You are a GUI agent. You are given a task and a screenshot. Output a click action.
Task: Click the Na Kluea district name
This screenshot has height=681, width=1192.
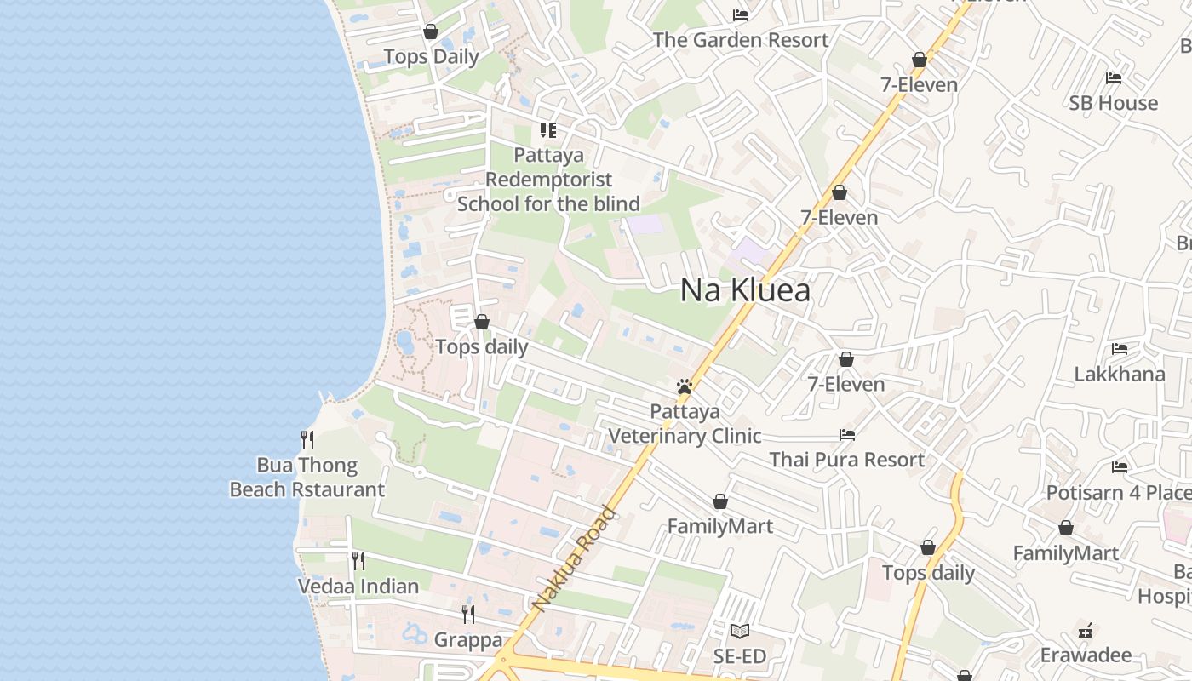(745, 291)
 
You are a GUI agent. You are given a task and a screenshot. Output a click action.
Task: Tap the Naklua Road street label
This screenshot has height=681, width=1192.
(573, 559)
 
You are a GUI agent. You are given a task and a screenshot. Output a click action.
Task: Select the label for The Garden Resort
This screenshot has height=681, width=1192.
(741, 40)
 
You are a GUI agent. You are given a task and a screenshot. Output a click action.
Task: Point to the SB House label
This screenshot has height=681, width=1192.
(1114, 103)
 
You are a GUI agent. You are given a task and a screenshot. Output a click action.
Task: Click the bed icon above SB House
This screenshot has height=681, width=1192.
(1113, 78)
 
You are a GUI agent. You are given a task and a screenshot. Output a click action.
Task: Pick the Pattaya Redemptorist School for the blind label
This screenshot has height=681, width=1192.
(548, 180)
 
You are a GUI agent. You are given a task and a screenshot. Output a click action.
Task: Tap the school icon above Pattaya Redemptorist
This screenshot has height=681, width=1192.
(548, 130)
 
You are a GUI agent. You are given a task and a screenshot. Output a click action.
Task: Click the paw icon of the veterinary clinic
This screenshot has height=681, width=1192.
(684, 386)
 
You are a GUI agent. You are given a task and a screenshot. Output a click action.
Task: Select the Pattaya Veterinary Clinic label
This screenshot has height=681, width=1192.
(685, 424)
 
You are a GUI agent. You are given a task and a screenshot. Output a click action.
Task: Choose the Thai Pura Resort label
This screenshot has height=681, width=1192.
(846, 460)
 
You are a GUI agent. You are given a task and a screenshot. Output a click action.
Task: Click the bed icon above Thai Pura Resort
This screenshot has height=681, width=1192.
(846, 435)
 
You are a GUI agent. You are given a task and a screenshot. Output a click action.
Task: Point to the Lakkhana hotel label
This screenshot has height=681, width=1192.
(1120, 375)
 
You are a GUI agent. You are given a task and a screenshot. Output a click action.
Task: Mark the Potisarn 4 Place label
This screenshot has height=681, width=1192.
(1118, 493)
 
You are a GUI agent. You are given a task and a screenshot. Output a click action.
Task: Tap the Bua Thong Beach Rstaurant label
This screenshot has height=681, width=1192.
(307, 478)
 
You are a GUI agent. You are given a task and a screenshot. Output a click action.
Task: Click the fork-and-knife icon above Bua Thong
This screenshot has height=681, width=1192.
(307, 440)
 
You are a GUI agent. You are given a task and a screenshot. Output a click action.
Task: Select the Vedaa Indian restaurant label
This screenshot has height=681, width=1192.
(358, 587)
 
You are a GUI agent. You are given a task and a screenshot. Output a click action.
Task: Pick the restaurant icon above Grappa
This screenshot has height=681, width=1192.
(467, 614)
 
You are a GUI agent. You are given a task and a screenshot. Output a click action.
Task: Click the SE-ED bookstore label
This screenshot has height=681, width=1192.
(740, 656)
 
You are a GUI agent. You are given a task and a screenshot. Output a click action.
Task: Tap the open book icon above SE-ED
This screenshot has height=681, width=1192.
(740, 632)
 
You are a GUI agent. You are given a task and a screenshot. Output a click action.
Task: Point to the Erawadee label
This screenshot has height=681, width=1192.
(1086, 655)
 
